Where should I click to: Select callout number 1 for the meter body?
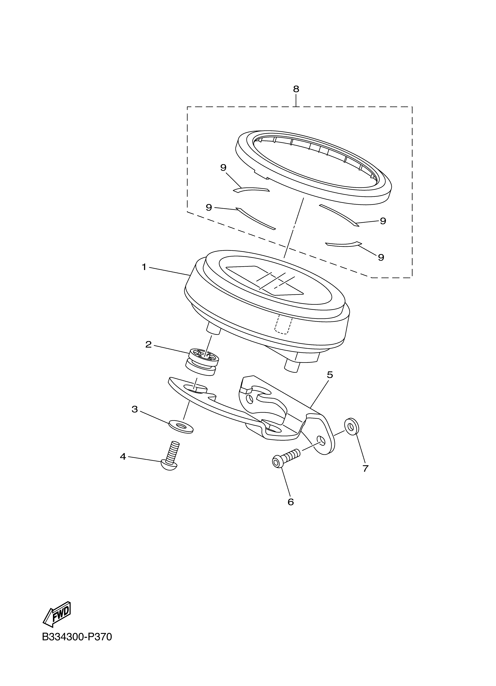(144, 267)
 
